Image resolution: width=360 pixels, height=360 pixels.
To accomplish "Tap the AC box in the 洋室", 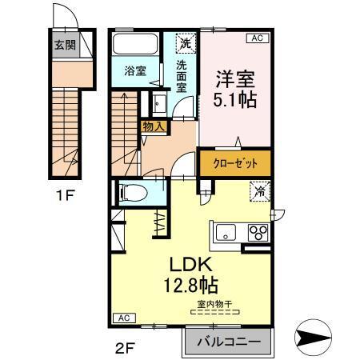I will (258, 37).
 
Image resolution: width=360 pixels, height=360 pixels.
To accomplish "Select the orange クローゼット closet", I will (235, 162).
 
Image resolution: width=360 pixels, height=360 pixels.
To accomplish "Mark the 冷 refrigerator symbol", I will (259, 191).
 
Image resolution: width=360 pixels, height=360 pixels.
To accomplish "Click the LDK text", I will (187, 263).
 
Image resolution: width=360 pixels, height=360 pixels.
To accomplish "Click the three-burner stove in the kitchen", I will (260, 234).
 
